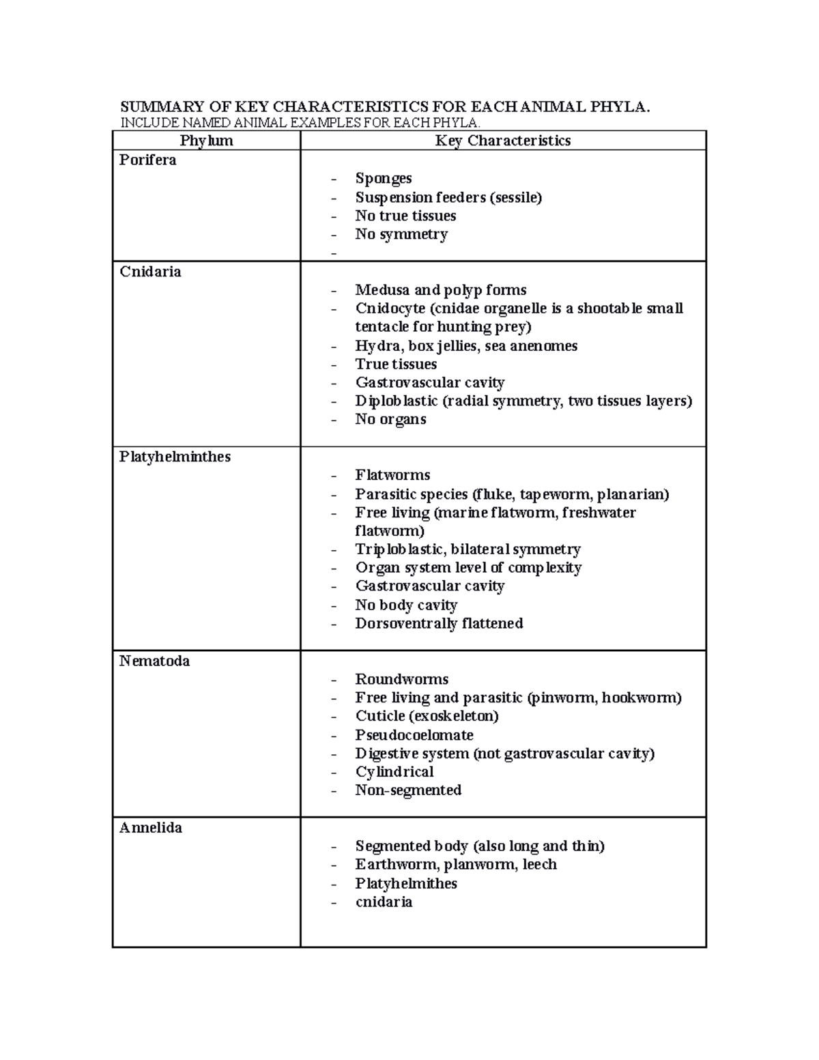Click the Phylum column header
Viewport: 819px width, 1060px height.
point(206,141)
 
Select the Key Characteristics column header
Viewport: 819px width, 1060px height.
point(502,141)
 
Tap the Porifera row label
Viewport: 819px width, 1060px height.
point(147,160)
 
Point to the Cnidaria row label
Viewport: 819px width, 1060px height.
point(150,272)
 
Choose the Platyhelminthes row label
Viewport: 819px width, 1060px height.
point(175,457)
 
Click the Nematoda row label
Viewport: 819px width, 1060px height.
point(154,661)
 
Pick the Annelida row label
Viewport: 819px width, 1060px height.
point(150,828)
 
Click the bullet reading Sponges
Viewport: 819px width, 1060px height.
point(383,178)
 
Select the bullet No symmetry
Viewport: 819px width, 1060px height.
point(401,234)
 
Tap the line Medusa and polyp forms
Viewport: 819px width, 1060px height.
point(440,290)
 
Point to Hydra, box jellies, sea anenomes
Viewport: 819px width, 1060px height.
point(465,346)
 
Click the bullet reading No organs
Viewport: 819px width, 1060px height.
point(390,420)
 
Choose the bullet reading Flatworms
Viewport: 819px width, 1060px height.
point(392,475)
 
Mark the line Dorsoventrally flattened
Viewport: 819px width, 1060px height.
point(439,623)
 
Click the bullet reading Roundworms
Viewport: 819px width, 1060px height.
point(401,679)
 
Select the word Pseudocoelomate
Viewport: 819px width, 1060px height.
point(414,735)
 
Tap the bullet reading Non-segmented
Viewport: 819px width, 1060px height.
point(408,790)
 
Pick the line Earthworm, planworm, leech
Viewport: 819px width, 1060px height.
point(455,865)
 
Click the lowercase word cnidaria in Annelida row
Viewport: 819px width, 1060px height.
point(384,902)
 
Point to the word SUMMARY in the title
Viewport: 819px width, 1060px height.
point(161,106)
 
